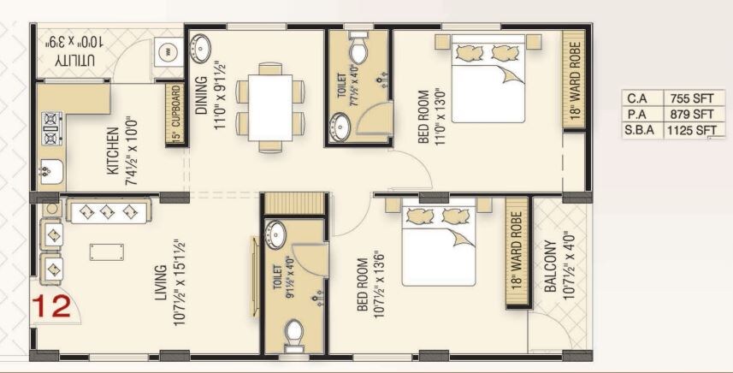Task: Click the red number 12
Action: pos(51,307)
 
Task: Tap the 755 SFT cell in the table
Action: pos(691,98)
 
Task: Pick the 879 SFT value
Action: pos(691,114)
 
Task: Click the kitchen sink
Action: pos(49,171)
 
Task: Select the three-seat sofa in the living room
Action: pos(107,211)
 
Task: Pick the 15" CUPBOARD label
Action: pos(175,114)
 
